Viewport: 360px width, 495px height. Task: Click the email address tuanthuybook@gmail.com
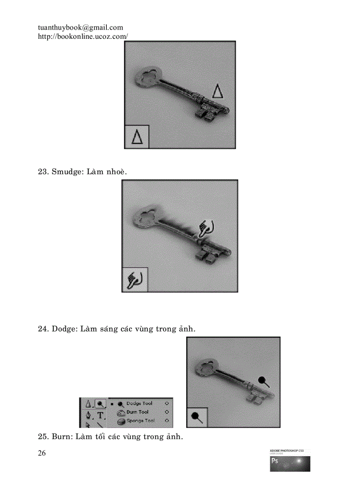(x=80, y=28)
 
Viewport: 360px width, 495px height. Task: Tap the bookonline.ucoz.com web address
(x=83, y=37)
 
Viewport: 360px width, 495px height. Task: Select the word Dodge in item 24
(x=65, y=329)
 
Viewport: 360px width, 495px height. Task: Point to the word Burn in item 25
(x=62, y=437)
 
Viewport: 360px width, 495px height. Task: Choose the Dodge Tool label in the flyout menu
(x=139, y=403)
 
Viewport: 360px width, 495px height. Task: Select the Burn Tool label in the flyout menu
(x=137, y=412)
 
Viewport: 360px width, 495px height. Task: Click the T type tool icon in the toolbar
(x=101, y=415)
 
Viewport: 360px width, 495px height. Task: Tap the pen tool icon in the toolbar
(x=88, y=415)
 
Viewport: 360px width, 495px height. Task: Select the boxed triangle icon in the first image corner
(x=137, y=137)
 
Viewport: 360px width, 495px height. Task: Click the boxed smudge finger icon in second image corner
(x=134, y=279)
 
